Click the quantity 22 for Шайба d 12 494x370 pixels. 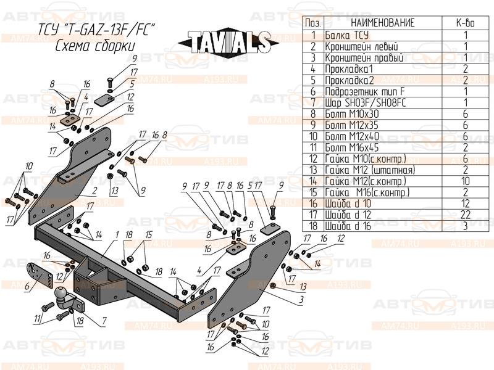(x=465, y=215)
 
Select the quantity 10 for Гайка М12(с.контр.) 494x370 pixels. (x=465, y=181)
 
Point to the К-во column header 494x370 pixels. (x=465, y=23)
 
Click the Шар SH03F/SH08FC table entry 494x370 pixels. (x=363, y=102)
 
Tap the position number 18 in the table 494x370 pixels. (x=313, y=226)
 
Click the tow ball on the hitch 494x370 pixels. (x=62, y=294)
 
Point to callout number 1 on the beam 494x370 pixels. (x=116, y=234)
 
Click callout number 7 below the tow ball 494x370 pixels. (x=104, y=321)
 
